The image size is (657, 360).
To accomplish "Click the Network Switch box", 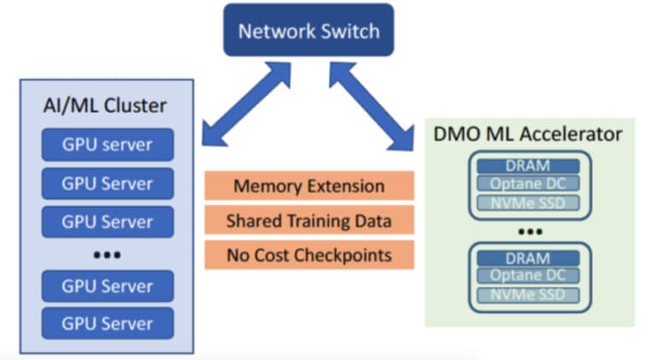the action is pos(308,30).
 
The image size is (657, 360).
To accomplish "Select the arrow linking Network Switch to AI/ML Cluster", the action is pos(246,103).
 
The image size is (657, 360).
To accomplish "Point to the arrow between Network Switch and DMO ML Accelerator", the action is pos(371,106).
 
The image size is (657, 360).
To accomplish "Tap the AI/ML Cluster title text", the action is pos(105,105).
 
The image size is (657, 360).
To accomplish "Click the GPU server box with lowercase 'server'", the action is pos(107,145).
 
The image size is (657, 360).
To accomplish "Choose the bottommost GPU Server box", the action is pos(107,323).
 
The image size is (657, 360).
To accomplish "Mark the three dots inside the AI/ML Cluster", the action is pos(107,255).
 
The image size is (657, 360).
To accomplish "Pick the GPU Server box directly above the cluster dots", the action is pos(107,221).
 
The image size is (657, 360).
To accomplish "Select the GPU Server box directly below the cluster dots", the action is pos(107,286).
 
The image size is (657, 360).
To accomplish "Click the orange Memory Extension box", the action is pos(309,186).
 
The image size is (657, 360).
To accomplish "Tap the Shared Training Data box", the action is pos(309,220).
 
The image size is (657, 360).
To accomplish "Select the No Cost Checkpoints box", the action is pos(309,255).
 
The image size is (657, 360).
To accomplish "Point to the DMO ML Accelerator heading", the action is pos(528,134).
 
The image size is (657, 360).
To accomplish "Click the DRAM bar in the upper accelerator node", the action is pos(528,166).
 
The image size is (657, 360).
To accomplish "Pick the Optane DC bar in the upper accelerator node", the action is pos(528,184).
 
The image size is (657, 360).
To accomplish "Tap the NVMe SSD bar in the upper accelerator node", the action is pos(528,203).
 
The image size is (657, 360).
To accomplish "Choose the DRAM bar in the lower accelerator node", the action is pos(528,258).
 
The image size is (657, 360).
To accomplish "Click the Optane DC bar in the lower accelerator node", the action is pos(528,275).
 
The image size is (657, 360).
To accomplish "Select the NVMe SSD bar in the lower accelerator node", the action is pos(528,295).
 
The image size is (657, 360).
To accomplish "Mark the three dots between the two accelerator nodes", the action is pos(530,232).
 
